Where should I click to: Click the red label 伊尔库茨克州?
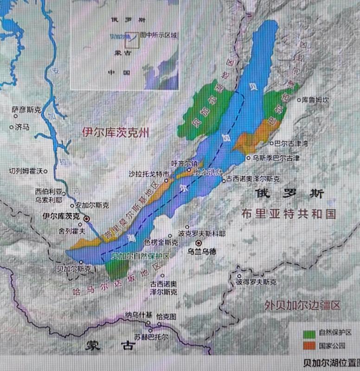[116, 133]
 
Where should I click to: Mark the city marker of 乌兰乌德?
[199, 243]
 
